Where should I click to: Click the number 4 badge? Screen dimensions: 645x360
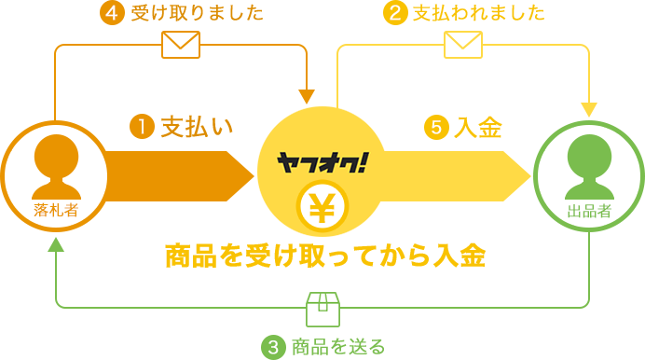pos(112,13)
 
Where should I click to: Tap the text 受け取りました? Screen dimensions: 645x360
pos(197,13)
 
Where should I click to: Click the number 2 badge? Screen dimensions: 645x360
pos(395,13)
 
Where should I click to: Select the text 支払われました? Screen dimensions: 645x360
pos(478,13)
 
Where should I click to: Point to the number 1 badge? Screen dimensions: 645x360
pos(142,127)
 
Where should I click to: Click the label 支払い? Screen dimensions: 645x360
pos(193,127)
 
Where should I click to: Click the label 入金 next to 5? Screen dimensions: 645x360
pos(481,127)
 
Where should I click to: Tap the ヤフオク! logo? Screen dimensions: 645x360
pos(322,162)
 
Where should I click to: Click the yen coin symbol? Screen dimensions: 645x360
pos(322,206)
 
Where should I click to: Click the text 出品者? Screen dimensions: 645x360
pos(589,211)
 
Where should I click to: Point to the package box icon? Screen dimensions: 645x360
pos(322,310)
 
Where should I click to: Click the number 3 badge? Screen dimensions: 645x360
pos(273,347)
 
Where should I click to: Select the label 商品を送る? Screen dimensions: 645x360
pos(337,347)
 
